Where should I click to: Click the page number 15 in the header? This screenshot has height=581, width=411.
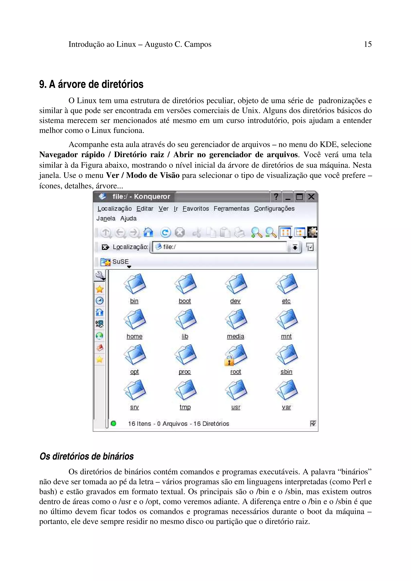pos(367,44)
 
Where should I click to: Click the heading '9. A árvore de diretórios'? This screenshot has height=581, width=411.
pos(91,84)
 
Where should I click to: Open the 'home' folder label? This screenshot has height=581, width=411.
pos(134,336)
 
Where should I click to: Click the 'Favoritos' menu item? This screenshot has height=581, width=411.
pos(195,209)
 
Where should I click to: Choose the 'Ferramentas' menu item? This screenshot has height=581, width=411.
pos(231,209)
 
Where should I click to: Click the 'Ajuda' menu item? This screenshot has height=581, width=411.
pos(128,218)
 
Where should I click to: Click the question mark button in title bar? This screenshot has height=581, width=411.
pos(276,197)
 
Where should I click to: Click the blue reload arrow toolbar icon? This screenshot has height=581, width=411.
pos(166,233)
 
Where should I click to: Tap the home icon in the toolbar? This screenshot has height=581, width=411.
pos(148,232)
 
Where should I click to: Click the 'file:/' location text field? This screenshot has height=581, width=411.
pos(220,247)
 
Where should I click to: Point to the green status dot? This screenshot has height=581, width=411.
pos(113,423)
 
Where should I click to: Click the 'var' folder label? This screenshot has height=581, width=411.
pos(286,407)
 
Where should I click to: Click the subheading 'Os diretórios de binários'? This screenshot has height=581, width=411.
pos(87,456)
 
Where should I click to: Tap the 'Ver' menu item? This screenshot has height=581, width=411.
pos(163,209)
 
